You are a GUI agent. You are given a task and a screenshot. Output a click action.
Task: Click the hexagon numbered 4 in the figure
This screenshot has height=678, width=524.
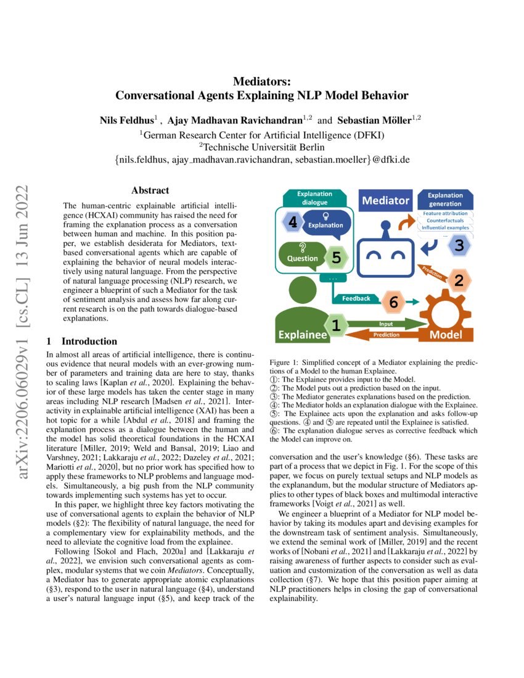coord(293,223)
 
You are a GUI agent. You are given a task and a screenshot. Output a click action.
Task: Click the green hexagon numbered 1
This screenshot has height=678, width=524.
coord(336,324)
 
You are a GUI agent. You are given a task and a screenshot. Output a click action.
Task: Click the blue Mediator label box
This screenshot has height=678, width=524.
coord(385,200)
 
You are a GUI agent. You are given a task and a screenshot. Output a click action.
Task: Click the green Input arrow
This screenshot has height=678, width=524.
coord(387,324)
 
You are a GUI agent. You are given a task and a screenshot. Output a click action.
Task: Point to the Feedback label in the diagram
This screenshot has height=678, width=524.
coord(356,298)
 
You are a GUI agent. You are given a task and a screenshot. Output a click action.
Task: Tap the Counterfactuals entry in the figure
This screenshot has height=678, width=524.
coord(445,220)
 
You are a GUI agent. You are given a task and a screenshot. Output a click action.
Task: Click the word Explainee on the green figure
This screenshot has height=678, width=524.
coord(302,335)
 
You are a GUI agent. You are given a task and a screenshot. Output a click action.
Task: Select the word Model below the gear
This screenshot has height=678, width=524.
coord(446,335)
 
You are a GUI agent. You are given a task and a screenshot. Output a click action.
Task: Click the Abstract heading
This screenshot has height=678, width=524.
coord(150,191)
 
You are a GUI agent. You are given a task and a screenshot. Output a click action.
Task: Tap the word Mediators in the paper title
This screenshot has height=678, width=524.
coord(261,81)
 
